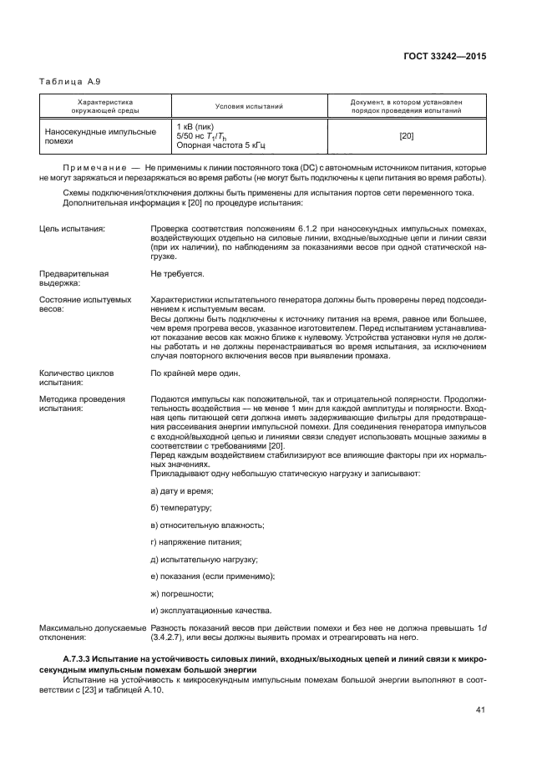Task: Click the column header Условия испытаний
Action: [x=249, y=106]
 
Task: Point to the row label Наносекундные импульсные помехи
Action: [x=99, y=136]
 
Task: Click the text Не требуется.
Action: [x=177, y=273]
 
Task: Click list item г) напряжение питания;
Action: [x=195, y=541]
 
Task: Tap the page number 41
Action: [x=480, y=711]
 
